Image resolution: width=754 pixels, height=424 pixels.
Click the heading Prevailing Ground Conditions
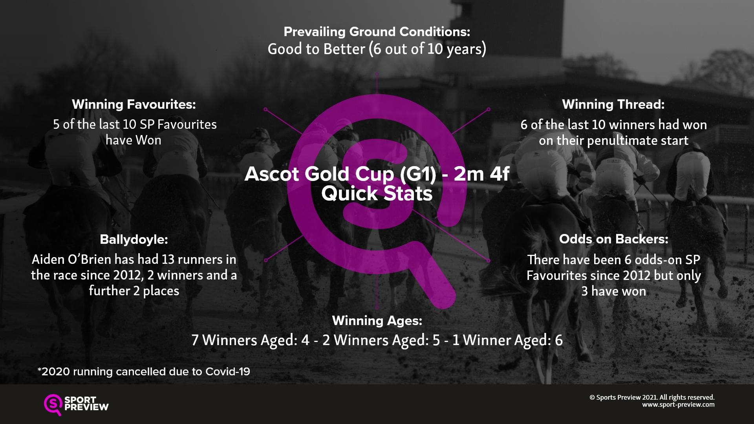(377, 31)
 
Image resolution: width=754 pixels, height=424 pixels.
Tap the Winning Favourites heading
(134, 104)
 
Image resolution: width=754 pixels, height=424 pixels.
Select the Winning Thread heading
(613, 104)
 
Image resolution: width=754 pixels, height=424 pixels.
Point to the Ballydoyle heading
(134, 239)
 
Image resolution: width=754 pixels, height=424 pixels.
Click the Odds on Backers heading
(613, 239)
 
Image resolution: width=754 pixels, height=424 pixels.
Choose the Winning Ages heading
(377, 321)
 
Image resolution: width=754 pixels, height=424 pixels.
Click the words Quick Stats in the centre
(377, 194)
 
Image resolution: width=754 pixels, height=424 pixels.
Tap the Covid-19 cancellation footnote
(144, 371)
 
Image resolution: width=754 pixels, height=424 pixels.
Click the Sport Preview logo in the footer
(76, 405)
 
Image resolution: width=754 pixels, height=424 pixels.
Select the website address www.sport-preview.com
(678, 405)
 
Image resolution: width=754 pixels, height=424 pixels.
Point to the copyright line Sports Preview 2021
(652, 397)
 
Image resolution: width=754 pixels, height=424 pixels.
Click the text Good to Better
(317, 49)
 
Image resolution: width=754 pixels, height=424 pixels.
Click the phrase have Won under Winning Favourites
(134, 140)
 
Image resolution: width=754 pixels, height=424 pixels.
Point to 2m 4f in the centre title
(481, 174)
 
